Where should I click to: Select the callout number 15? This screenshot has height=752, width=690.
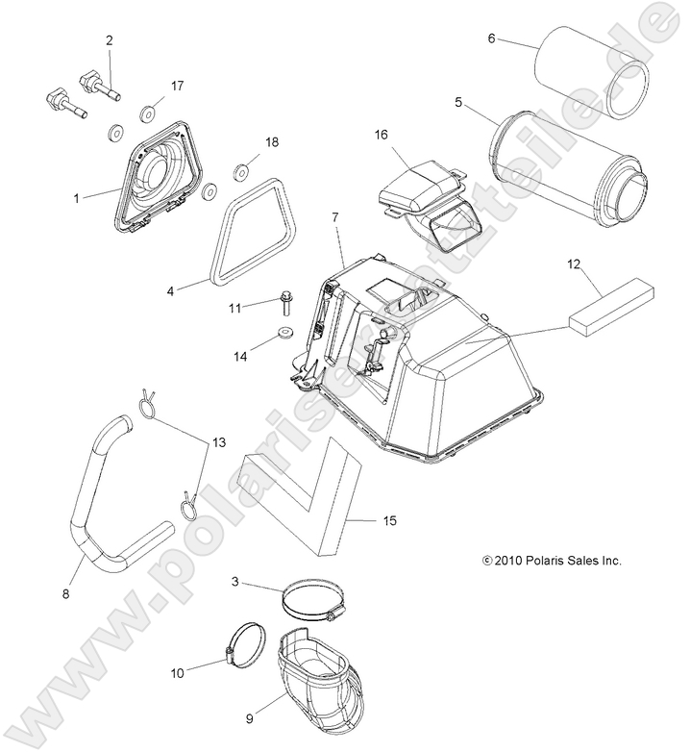(x=389, y=520)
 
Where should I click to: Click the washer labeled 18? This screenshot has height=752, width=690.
(x=242, y=173)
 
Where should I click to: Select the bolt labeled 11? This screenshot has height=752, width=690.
(x=286, y=303)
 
